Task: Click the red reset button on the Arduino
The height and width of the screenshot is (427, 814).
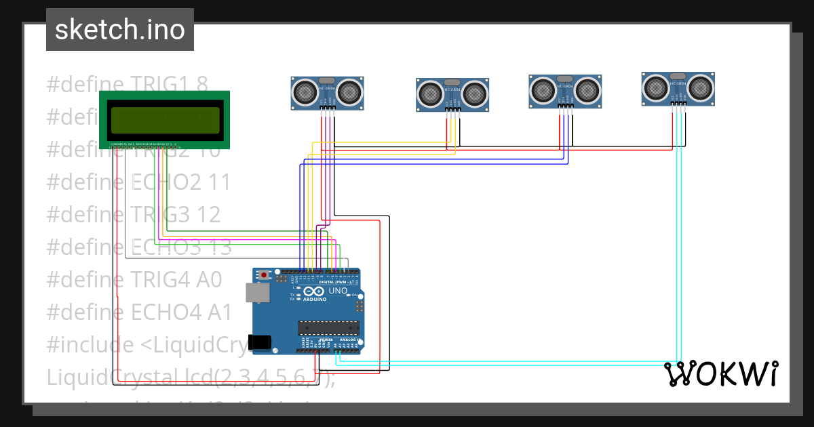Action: click(264, 276)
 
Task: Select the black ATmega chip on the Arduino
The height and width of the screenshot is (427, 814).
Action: click(328, 328)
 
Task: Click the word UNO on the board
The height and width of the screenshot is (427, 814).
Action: click(338, 291)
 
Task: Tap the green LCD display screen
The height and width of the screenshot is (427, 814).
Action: click(166, 121)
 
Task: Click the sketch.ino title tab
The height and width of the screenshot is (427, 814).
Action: click(120, 30)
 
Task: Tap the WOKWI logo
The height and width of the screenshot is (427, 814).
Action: click(720, 373)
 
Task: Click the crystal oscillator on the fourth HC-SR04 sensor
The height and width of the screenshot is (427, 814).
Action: click(677, 76)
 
